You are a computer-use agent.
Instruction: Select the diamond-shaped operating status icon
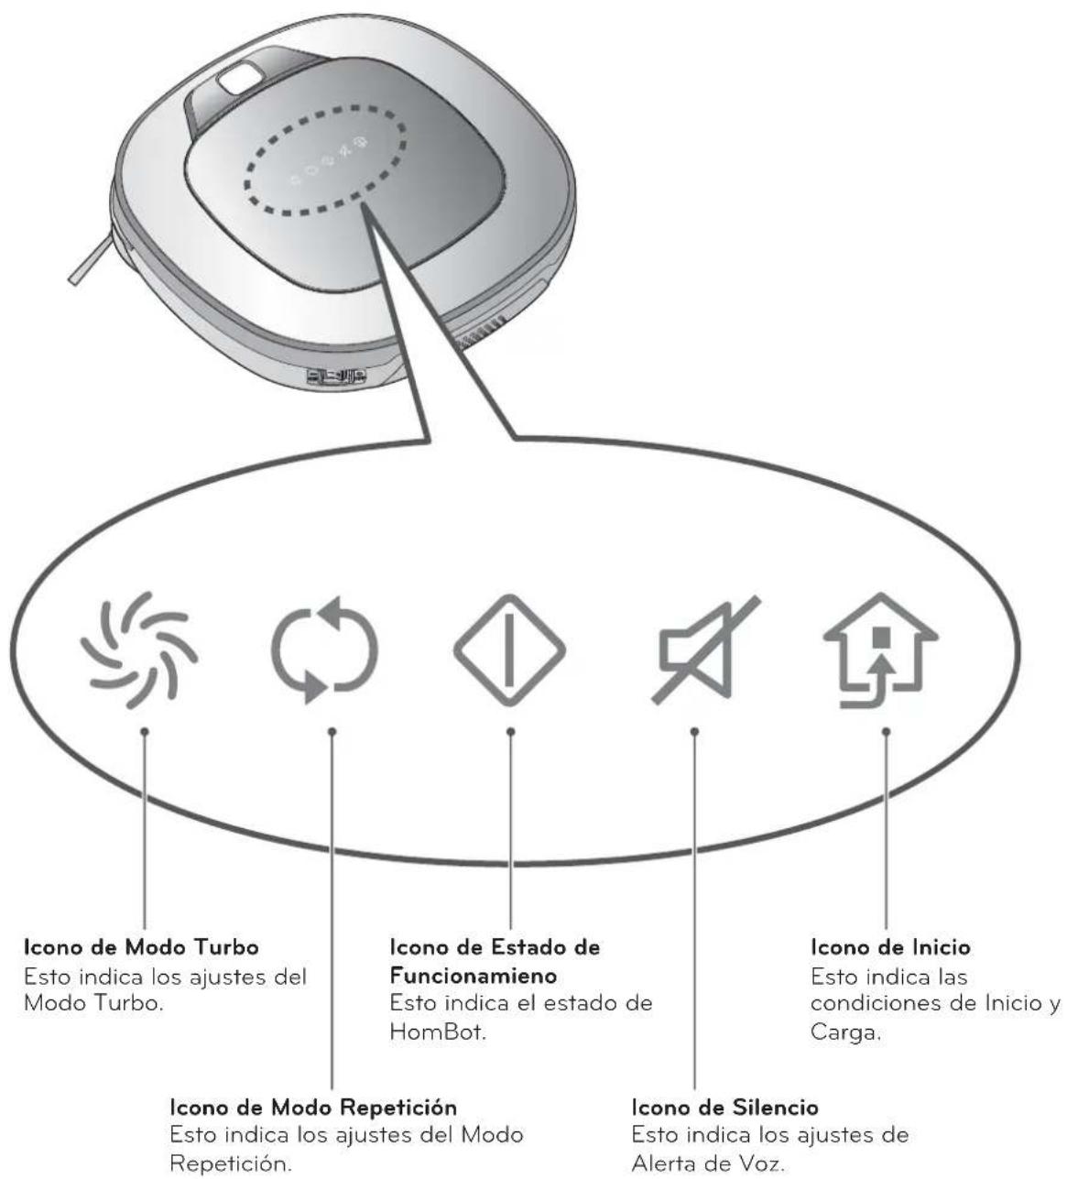pos(509,650)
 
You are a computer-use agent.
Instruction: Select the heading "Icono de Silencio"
pos(726,1108)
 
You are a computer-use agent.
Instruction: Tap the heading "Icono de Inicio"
pos(891,946)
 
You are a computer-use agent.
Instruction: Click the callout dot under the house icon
pos(886,731)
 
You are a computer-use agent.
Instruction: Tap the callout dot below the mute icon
pos(694,731)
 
